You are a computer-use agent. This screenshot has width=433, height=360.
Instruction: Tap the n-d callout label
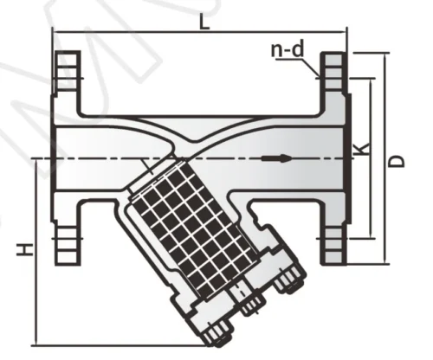pyautogui.click(x=288, y=49)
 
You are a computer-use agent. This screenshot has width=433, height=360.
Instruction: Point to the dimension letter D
pyautogui.click(x=397, y=162)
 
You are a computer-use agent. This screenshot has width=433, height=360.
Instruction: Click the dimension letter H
pyautogui.click(x=25, y=249)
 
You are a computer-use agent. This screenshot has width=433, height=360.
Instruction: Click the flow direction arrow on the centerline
pyautogui.click(x=276, y=158)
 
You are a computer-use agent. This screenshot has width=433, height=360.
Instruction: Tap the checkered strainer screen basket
pyautogui.click(x=188, y=228)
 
